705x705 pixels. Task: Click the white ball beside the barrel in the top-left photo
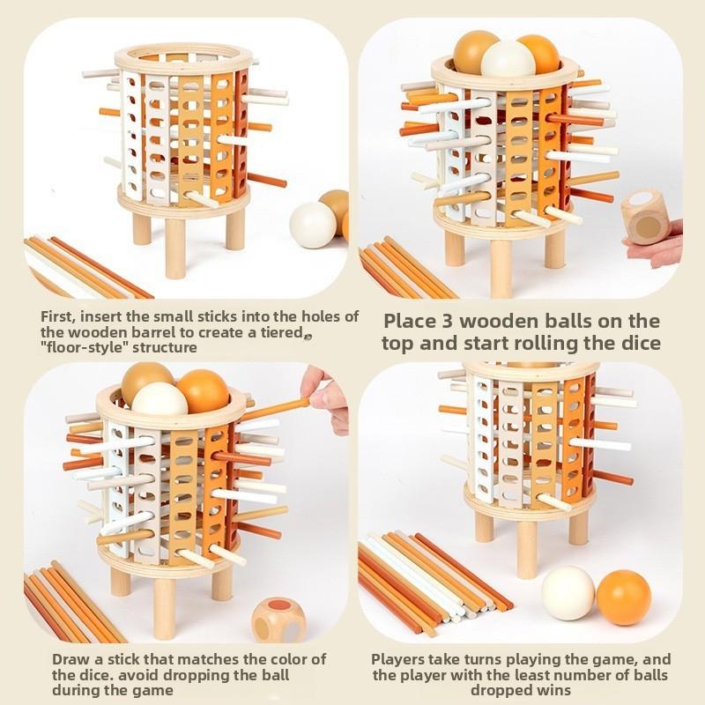(313, 226)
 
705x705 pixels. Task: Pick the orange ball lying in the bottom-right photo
(623, 597)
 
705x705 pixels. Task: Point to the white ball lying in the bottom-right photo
(568, 593)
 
